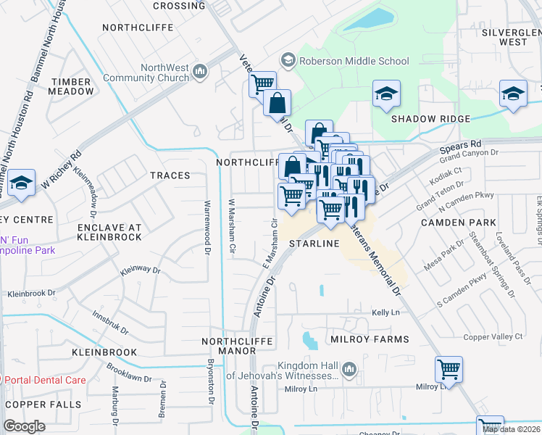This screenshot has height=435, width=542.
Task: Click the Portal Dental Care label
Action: (x=45, y=380)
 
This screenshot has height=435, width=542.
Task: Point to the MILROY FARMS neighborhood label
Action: (x=370, y=339)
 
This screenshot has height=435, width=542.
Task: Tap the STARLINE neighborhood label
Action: (x=314, y=244)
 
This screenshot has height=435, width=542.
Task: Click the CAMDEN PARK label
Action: (x=462, y=223)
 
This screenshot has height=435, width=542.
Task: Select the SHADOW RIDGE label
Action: (x=430, y=119)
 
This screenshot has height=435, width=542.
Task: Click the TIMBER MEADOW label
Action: (x=71, y=87)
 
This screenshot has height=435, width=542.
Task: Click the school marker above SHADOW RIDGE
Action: (x=386, y=94)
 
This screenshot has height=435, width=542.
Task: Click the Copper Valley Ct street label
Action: (x=493, y=337)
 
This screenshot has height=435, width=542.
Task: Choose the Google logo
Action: (x=24, y=426)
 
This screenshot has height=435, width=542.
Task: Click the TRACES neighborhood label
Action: (x=170, y=175)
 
